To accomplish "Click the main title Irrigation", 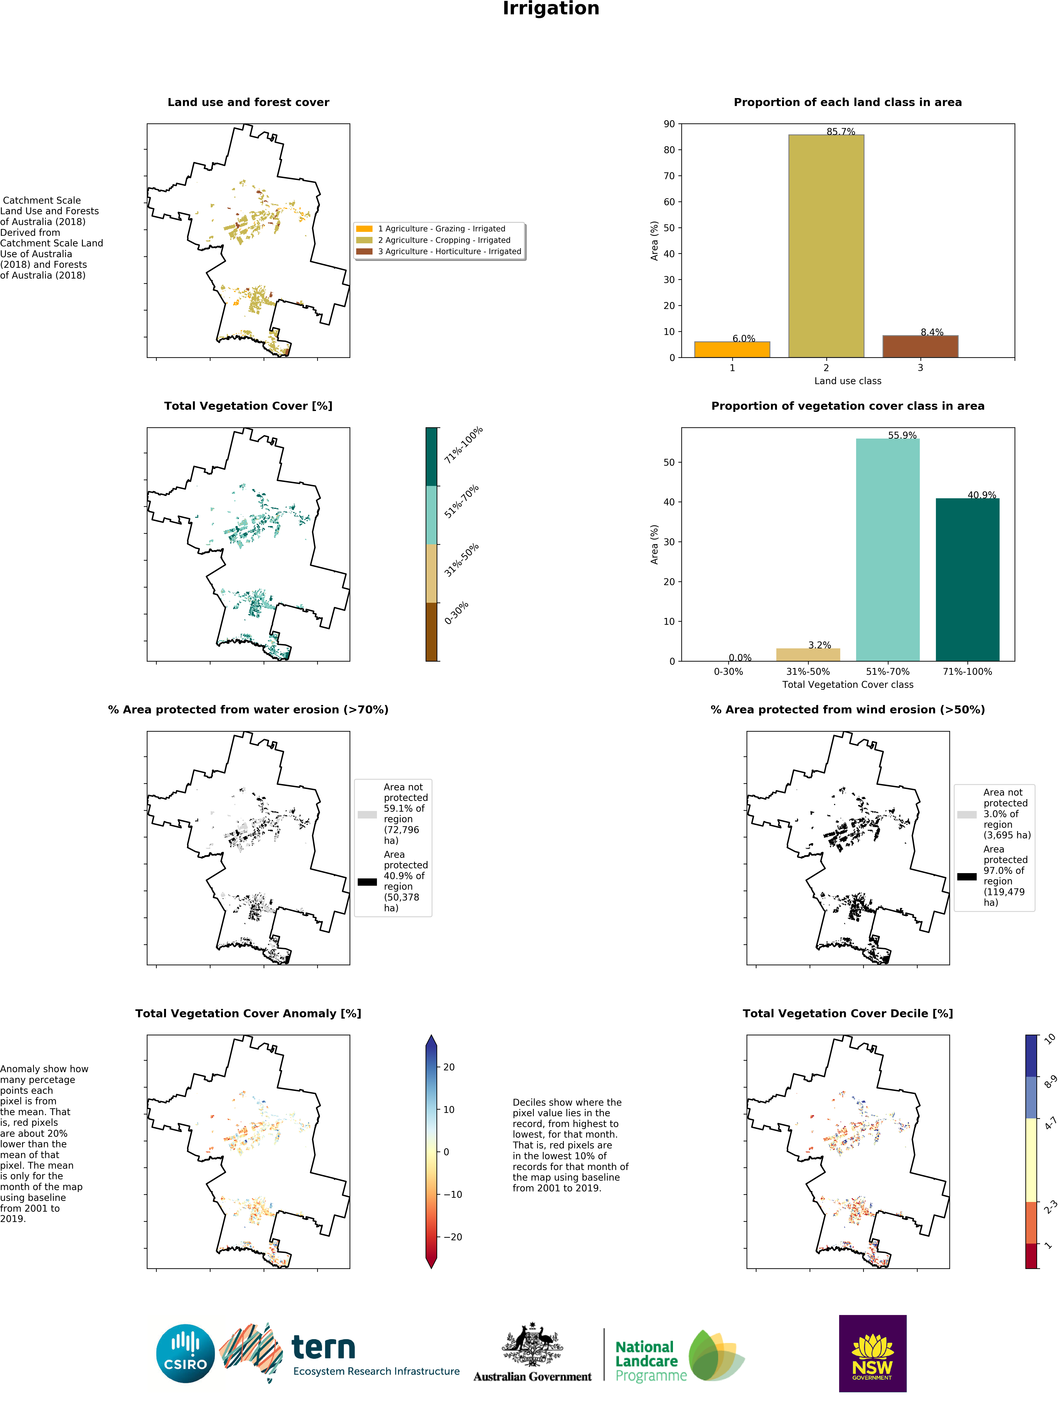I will [x=551, y=9].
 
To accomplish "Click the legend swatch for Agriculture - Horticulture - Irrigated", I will [x=364, y=251].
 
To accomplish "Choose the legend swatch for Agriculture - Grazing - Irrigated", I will [x=364, y=229].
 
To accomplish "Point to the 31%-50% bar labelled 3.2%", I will [x=808, y=654].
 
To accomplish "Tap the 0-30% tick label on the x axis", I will [x=728, y=671].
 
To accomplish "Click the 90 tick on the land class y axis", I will [x=669, y=124].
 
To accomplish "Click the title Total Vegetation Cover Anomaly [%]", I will [x=248, y=1013].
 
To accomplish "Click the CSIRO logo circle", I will [x=185, y=1353].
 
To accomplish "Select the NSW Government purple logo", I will [x=872, y=1353].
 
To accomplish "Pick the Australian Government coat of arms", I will [x=532, y=1344].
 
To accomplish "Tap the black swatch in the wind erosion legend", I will [x=966, y=876].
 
